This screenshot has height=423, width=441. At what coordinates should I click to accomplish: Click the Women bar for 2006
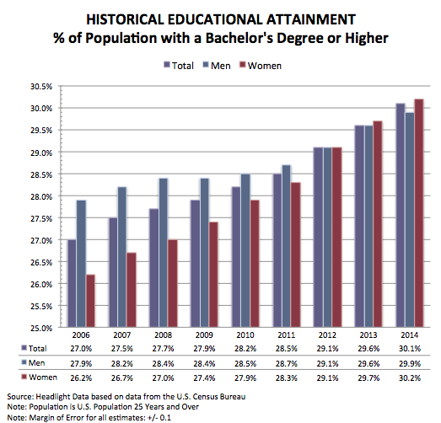tap(90, 301)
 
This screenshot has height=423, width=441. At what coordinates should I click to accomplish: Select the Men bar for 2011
tap(287, 246)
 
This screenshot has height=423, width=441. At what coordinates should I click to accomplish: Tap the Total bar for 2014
tap(401, 215)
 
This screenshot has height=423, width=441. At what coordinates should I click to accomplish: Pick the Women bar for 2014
tap(419, 213)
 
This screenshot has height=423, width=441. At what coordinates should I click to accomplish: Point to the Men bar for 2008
tap(163, 253)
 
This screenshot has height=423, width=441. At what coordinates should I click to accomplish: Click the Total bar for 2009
tap(195, 264)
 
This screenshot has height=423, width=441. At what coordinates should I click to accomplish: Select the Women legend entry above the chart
tap(261, 66)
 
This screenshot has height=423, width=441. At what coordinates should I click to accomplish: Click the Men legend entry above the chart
tap(217, 66)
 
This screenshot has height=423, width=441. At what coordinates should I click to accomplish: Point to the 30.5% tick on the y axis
tap(41, 87)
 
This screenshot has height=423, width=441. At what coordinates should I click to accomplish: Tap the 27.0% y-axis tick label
tap(41, 241)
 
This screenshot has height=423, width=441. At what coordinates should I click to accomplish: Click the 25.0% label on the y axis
tap(41, 329)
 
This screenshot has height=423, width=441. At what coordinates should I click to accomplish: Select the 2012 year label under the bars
tap(327, 335)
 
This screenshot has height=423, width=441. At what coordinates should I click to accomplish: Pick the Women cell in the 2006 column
tap(81, 377)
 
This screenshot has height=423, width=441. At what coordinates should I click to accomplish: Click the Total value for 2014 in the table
tap(410, 349)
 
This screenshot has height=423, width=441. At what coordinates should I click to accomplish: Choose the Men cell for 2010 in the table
tap(245, 363)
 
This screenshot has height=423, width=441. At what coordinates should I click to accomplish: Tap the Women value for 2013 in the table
tap(368, 377)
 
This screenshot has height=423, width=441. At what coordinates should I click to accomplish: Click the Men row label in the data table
tap(34, 363)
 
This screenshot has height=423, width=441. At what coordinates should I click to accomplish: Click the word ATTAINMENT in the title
tap(311, 20)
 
